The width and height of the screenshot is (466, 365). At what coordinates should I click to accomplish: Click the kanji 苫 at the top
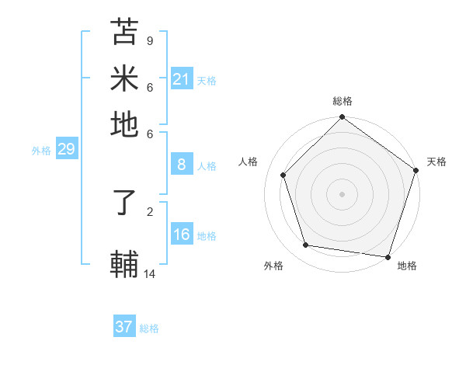point(124,32)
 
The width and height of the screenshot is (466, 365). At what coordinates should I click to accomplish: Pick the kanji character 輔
point(124,264)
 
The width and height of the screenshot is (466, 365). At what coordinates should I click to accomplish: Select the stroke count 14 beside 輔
point(150,273)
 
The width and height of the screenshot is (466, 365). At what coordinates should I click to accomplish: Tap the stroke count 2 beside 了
point(149,210)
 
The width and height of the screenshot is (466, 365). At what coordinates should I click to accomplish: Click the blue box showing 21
point(181,78)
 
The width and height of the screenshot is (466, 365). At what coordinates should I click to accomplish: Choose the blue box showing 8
point(181,164)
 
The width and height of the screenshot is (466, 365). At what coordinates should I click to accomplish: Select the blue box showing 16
point(181,235)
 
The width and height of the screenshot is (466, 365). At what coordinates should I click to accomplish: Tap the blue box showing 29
point(66,149)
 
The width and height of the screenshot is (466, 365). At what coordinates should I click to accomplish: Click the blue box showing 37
point(123,327)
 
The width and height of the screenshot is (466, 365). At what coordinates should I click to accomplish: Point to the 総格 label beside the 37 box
point(149,328)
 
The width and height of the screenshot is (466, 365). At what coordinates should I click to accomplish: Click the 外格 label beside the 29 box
point(41,151)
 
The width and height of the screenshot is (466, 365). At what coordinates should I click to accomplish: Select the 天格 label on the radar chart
point(436,162)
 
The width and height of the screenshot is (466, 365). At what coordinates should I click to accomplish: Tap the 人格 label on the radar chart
point(249,162)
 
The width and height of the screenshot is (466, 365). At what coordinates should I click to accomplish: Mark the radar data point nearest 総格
point(342,118)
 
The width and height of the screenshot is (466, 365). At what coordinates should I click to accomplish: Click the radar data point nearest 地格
point(388,256)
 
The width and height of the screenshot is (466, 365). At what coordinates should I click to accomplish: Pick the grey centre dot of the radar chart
point(342,193)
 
